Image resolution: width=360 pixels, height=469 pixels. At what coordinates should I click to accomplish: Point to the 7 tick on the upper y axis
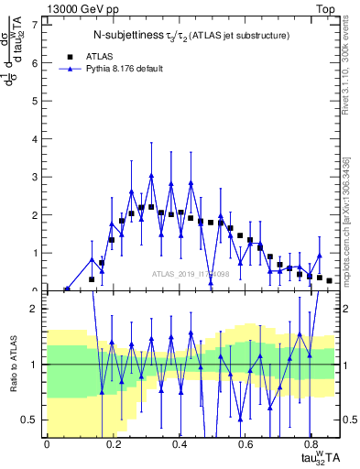(x=38, y=24)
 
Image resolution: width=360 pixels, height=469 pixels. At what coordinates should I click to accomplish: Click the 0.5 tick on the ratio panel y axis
(x=34, y=420)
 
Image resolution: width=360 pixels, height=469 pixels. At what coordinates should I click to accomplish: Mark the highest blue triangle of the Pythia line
(x=151, y=176)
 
